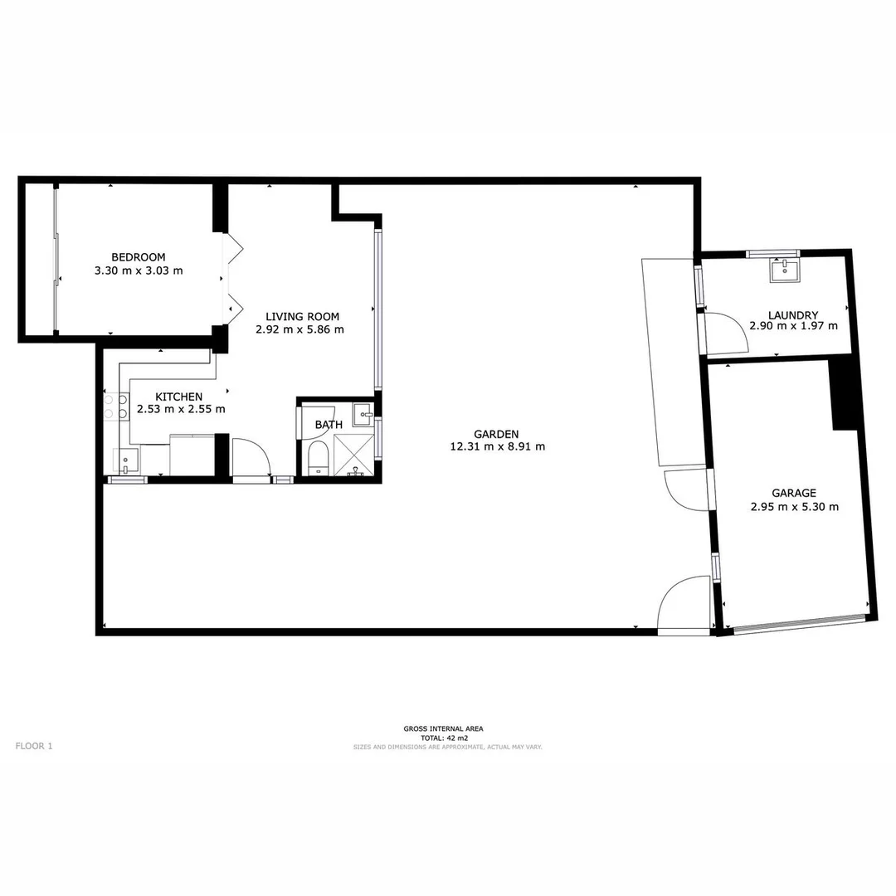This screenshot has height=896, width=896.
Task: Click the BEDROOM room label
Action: [x=139, y=257]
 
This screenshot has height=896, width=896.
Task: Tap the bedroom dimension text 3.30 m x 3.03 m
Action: [x=139, y=270]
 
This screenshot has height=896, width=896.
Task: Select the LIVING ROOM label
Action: [x=302, y=316]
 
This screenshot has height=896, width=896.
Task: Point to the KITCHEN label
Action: [x=179, y=397]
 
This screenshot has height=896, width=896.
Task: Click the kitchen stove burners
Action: [x=114, y=405]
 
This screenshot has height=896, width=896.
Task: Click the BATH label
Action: [x=329, y=425]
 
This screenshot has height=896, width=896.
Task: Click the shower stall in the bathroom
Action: [x=354, y=455]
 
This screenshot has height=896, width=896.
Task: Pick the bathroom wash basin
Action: [x=363, y=411]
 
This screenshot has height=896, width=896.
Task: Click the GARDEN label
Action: [x=496, y=434]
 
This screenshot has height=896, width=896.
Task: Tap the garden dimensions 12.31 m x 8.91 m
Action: [x=497, y=446]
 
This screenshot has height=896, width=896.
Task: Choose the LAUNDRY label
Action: [x=793, y=315]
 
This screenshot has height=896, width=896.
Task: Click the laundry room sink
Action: [x=784, y=270]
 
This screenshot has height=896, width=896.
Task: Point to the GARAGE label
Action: [x=794, y=493]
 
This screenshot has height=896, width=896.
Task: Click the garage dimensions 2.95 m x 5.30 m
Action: [x=794, y=506]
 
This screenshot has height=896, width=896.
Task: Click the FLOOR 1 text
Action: [x=34, y=746]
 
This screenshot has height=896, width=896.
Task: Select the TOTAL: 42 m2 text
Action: [x=444, y=738]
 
